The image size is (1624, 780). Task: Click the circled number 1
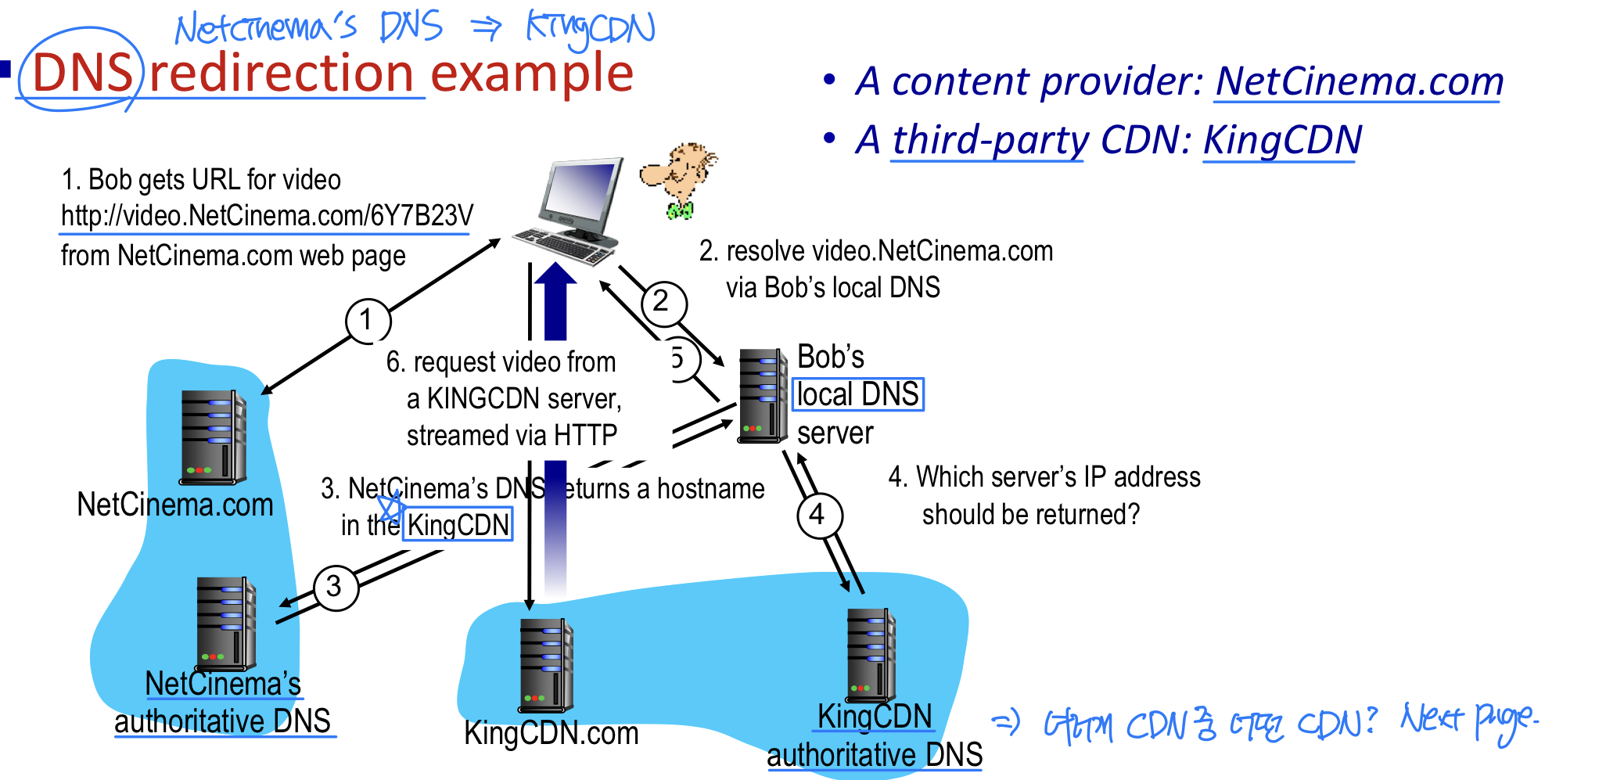tap(368, 320)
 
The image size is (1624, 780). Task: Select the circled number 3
tap(336, 587)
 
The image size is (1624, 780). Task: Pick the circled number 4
tap(818, 515)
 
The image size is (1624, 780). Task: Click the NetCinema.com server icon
tap(213, 437)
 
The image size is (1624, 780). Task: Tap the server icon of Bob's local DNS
tap(762, 395)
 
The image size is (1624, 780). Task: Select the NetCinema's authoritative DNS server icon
tap(225, 624)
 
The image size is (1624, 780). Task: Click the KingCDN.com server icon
tap(545, 664)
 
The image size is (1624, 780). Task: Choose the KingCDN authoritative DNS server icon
tap(870, 655)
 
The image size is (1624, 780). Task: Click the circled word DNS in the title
tap(81, 74)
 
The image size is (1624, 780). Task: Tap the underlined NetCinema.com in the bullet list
tap(1359, 81)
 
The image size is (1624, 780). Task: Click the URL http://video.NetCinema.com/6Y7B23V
tap(267, 216)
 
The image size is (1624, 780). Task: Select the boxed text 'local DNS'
tap(858, 394)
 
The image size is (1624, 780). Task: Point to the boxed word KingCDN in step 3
tap(458, 524)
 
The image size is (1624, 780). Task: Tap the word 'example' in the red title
tap(532, 74)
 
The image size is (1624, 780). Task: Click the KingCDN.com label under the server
tap(551, 734)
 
